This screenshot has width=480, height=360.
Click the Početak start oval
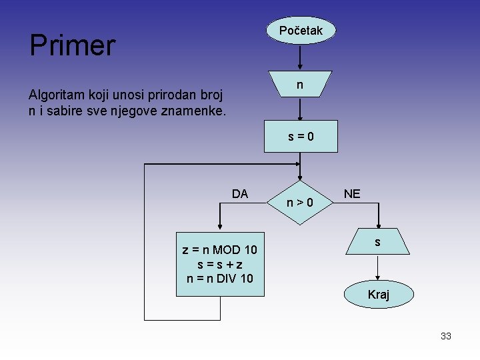[301, 31]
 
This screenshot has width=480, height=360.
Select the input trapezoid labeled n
[300, 85]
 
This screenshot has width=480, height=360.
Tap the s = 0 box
[301, 137]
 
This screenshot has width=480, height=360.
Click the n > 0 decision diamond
[300, 200]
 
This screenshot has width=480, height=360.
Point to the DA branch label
[240, 194]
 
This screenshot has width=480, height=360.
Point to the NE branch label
[352, 194]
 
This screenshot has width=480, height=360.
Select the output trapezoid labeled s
[377, 241]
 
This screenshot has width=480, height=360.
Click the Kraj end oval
[378, 294]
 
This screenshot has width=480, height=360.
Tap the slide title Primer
[72, 45]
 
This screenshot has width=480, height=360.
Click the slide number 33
[446, 336]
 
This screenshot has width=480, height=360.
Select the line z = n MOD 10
[219, 250]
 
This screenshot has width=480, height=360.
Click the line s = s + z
[219, 264]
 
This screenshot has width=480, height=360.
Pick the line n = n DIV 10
[219, 278]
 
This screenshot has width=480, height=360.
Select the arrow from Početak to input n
[301, 57]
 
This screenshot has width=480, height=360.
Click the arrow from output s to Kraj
[378, 268]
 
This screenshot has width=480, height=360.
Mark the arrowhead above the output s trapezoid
[378, 224]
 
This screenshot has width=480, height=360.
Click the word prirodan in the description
[157, 95]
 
